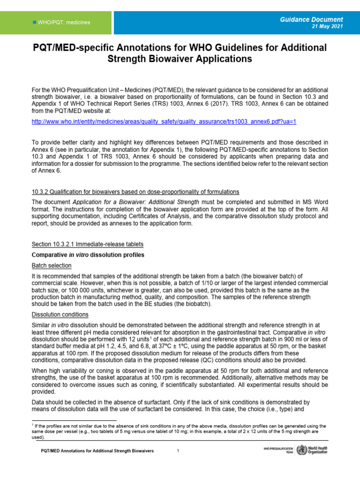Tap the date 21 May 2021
tap(327, 27)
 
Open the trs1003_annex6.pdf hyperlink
tap(164, 121)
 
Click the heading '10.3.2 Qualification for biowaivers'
tap(135, 192)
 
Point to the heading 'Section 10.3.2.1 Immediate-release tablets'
tap(87, 244)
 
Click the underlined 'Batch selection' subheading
tap(52, 265)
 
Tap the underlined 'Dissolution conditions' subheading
tap(60, 315)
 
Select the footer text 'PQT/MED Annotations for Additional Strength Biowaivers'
tap(97, 451)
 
